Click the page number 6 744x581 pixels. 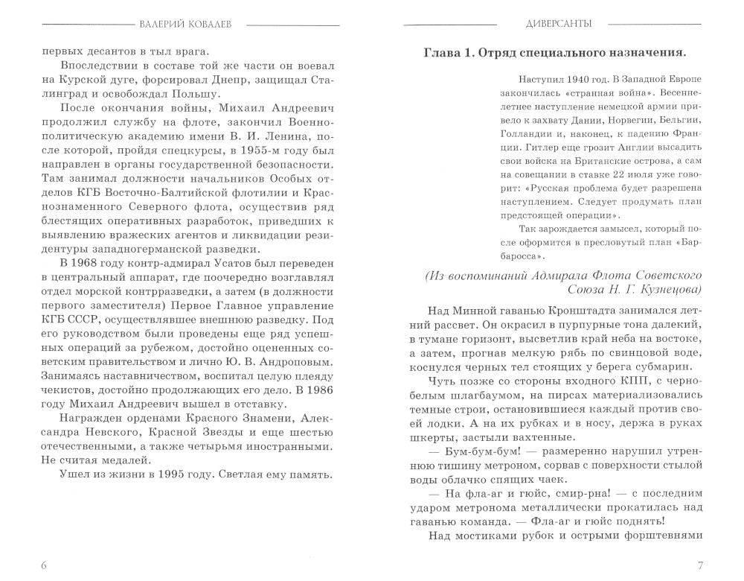pyautogui.click(x=44, y=563)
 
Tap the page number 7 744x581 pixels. pyautogui.click(x=699, y=563)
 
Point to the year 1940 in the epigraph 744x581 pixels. pyautogui.click(x=568, y=80)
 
